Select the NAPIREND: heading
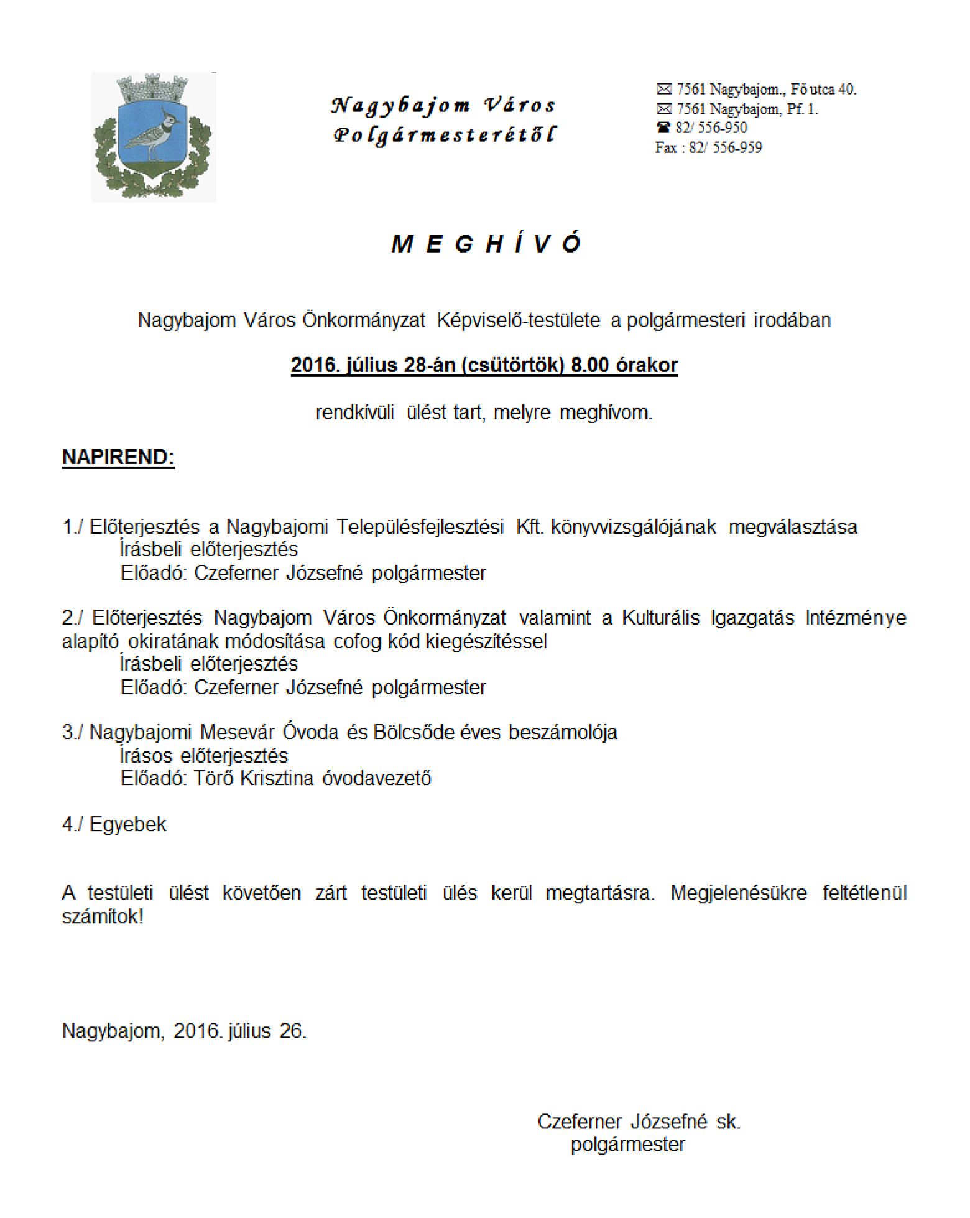[x=118, y=457]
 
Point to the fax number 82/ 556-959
[x=725, y=148]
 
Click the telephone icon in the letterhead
[x=663, y=128]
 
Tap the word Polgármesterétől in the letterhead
[x=445, y=135]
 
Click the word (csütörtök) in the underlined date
[x=512, y=365]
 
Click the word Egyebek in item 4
[x=128, y=825]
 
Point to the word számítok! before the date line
[x=103, y=917]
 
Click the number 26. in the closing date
[x=293, y=1031]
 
